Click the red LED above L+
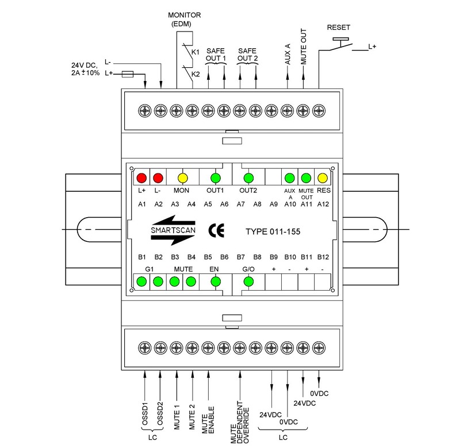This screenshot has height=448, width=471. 142,177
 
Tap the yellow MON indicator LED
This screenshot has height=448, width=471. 183,177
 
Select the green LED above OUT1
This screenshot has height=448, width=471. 216,177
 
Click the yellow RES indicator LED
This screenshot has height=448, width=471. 322,177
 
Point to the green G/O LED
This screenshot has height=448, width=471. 248,281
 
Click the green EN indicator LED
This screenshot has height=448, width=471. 216,281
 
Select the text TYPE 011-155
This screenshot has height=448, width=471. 273,232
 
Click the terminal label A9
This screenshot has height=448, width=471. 274,204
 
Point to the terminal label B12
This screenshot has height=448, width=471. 323,257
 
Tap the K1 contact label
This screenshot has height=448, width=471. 196,52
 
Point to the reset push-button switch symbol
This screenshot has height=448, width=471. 340,45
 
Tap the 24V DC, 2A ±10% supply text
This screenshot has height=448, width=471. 86,69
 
